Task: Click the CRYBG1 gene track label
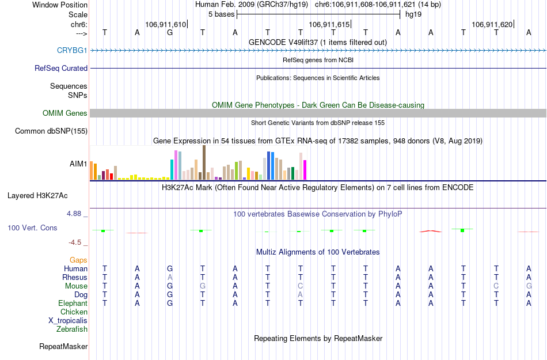72,50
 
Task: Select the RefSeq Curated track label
61,68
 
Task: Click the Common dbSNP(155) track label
51,131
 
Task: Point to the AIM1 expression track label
78,164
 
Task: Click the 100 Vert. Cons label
32,228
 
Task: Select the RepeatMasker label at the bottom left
63,347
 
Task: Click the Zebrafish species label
72,329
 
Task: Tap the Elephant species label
73,304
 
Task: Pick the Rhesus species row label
74,278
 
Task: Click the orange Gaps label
78,260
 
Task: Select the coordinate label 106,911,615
329,24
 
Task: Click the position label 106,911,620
491,24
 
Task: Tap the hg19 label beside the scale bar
413,14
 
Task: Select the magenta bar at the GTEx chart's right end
305,170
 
